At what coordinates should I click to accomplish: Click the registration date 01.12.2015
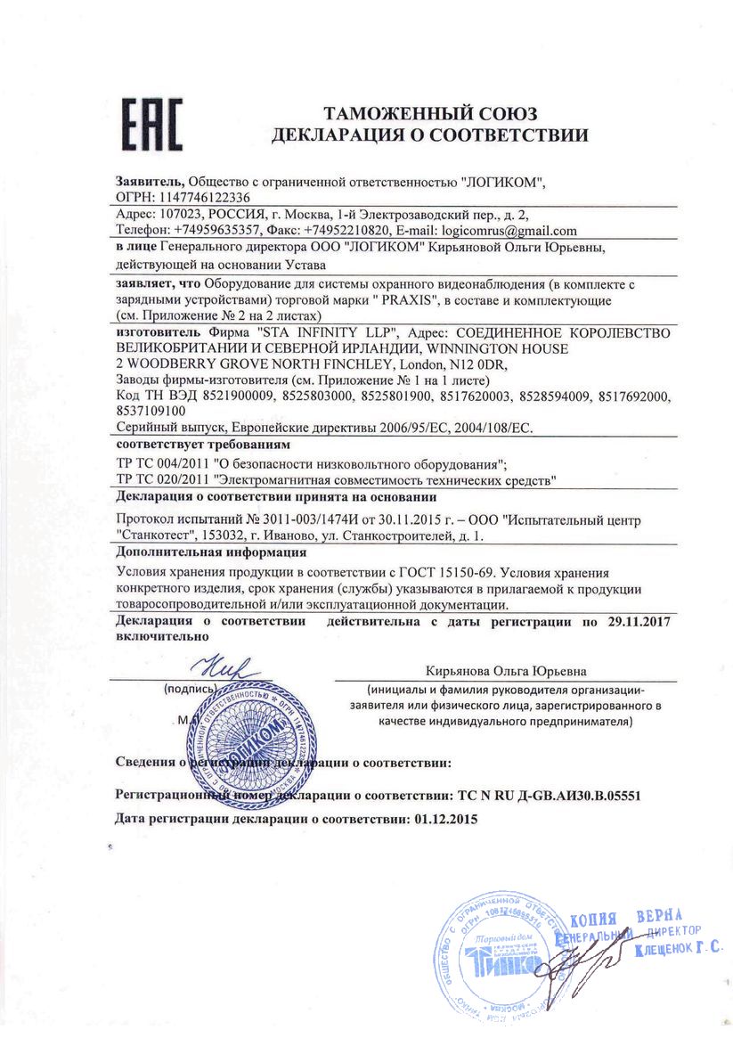click(446, 817)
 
